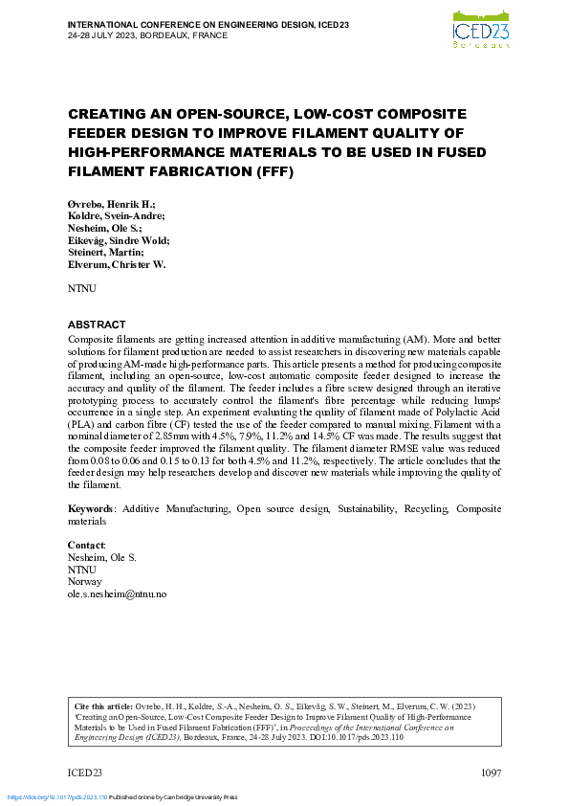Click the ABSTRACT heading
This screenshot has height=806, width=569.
coord(97,325)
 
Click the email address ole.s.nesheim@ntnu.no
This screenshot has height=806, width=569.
coord(117,593)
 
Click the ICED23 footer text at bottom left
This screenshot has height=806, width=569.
coord(84,772)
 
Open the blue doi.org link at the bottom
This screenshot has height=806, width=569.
coord(56,796)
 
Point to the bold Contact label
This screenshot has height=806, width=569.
coord(86,544)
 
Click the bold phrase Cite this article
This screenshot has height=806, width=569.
coord(103,701)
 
